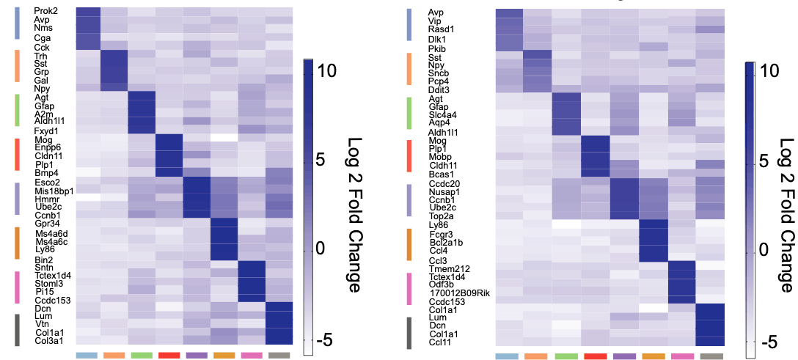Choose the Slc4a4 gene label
(x=443, y=114)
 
